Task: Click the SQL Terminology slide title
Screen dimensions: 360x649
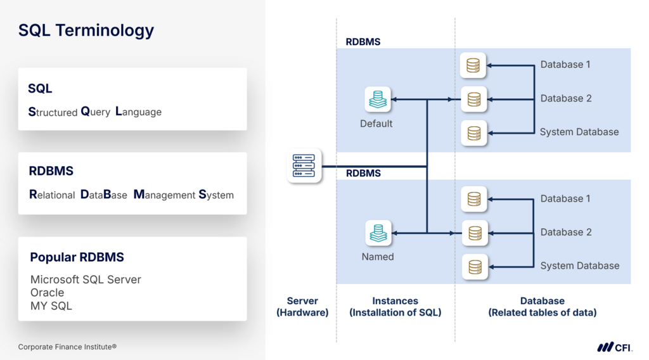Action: [x=86, y=30]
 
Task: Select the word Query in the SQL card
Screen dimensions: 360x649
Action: [x=96, y=112]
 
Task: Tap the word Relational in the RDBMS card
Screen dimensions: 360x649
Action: [x=52, y=195]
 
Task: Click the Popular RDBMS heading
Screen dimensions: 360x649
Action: [x=77, y=257]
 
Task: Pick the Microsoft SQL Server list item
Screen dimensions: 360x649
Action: [x=86, y=280]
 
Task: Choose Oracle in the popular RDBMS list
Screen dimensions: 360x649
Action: [x=47, y=293]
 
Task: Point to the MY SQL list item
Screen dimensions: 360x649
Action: [x=51, y=306]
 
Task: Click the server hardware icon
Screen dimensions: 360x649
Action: [x=304, y=166]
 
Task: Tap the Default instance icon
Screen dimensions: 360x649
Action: [x=376, y=100]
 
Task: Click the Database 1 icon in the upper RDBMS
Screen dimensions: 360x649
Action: [x=473, y=65]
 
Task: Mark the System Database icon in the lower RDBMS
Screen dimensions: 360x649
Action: [x=474, y=267]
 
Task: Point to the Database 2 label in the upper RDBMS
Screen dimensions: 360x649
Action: [x=566, y=99]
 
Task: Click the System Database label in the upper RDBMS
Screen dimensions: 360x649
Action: [x=579, y=132]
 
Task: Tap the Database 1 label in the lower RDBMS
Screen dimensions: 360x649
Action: [x=565, y=199]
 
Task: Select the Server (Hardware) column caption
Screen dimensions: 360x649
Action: [x=302, y=307]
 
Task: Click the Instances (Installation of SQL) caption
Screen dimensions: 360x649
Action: [x=395, y=307]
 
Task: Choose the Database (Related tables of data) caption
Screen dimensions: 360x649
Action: [x=542, y=307]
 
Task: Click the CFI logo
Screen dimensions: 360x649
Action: [x=615, y=347]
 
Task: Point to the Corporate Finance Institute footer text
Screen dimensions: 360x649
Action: [x=67, y=347]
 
